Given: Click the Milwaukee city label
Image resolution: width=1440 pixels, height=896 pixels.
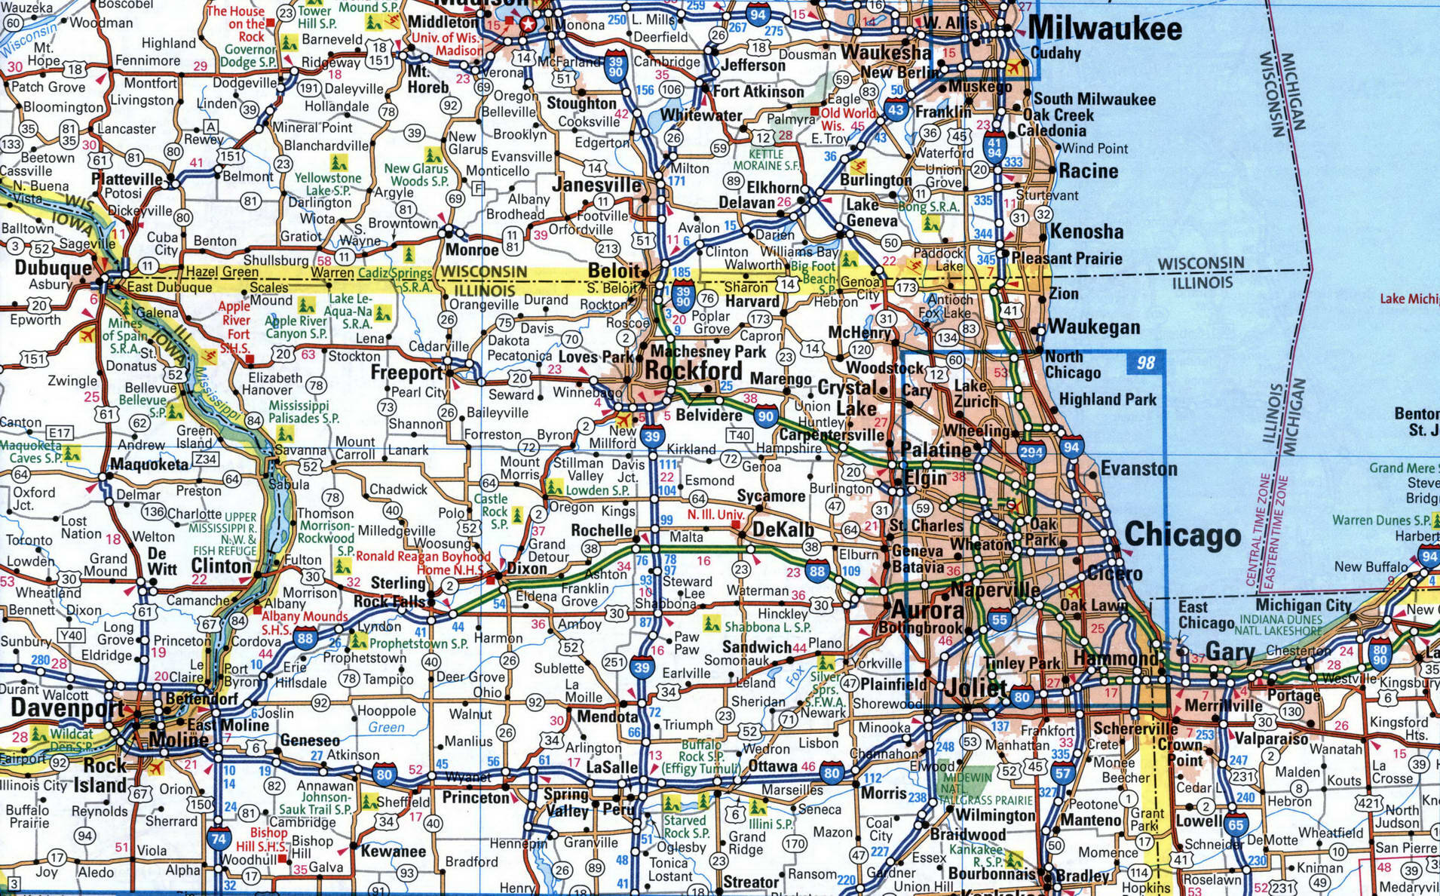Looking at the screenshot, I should click(x=1105, y=29).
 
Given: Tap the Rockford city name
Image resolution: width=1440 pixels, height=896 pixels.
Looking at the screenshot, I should click(x=694, y=371).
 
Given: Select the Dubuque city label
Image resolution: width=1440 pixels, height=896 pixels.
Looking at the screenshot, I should click(x=53, y=268).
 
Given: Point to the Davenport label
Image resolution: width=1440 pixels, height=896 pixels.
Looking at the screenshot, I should click(x=66, y=708).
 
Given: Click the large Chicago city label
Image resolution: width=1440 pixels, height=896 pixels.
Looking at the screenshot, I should click(x=1182, y=535).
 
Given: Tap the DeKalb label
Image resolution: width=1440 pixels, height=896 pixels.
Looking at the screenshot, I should click(x=783, y=529).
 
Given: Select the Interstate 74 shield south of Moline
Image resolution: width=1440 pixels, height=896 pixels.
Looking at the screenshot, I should click(x=219, y=839).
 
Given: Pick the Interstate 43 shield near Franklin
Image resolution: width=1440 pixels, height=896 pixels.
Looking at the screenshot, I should click(x=895, y=111).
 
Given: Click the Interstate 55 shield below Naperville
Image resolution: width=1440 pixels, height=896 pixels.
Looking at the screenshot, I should click(x=999, y=619).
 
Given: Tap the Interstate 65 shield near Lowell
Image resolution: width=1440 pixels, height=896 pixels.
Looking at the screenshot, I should click(x=1235, y=824).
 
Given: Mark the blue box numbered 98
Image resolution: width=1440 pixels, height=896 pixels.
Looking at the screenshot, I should click(x=1145, y=363).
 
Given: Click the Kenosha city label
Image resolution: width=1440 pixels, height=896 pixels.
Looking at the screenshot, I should click(x=1086, y=232).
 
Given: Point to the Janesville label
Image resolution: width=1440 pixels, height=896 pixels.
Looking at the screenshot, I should click(x=596, y=185).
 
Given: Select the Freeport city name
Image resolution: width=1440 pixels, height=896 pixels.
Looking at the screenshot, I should click(x=406, y=373).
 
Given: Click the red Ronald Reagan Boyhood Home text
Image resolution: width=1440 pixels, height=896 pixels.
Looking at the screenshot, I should click(x=422, y=563).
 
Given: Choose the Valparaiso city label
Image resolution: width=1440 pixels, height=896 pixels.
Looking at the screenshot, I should click(x=1271, y=738).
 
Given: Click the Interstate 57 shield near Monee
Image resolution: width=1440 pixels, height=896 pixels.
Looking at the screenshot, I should click(x=1063, y=773).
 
